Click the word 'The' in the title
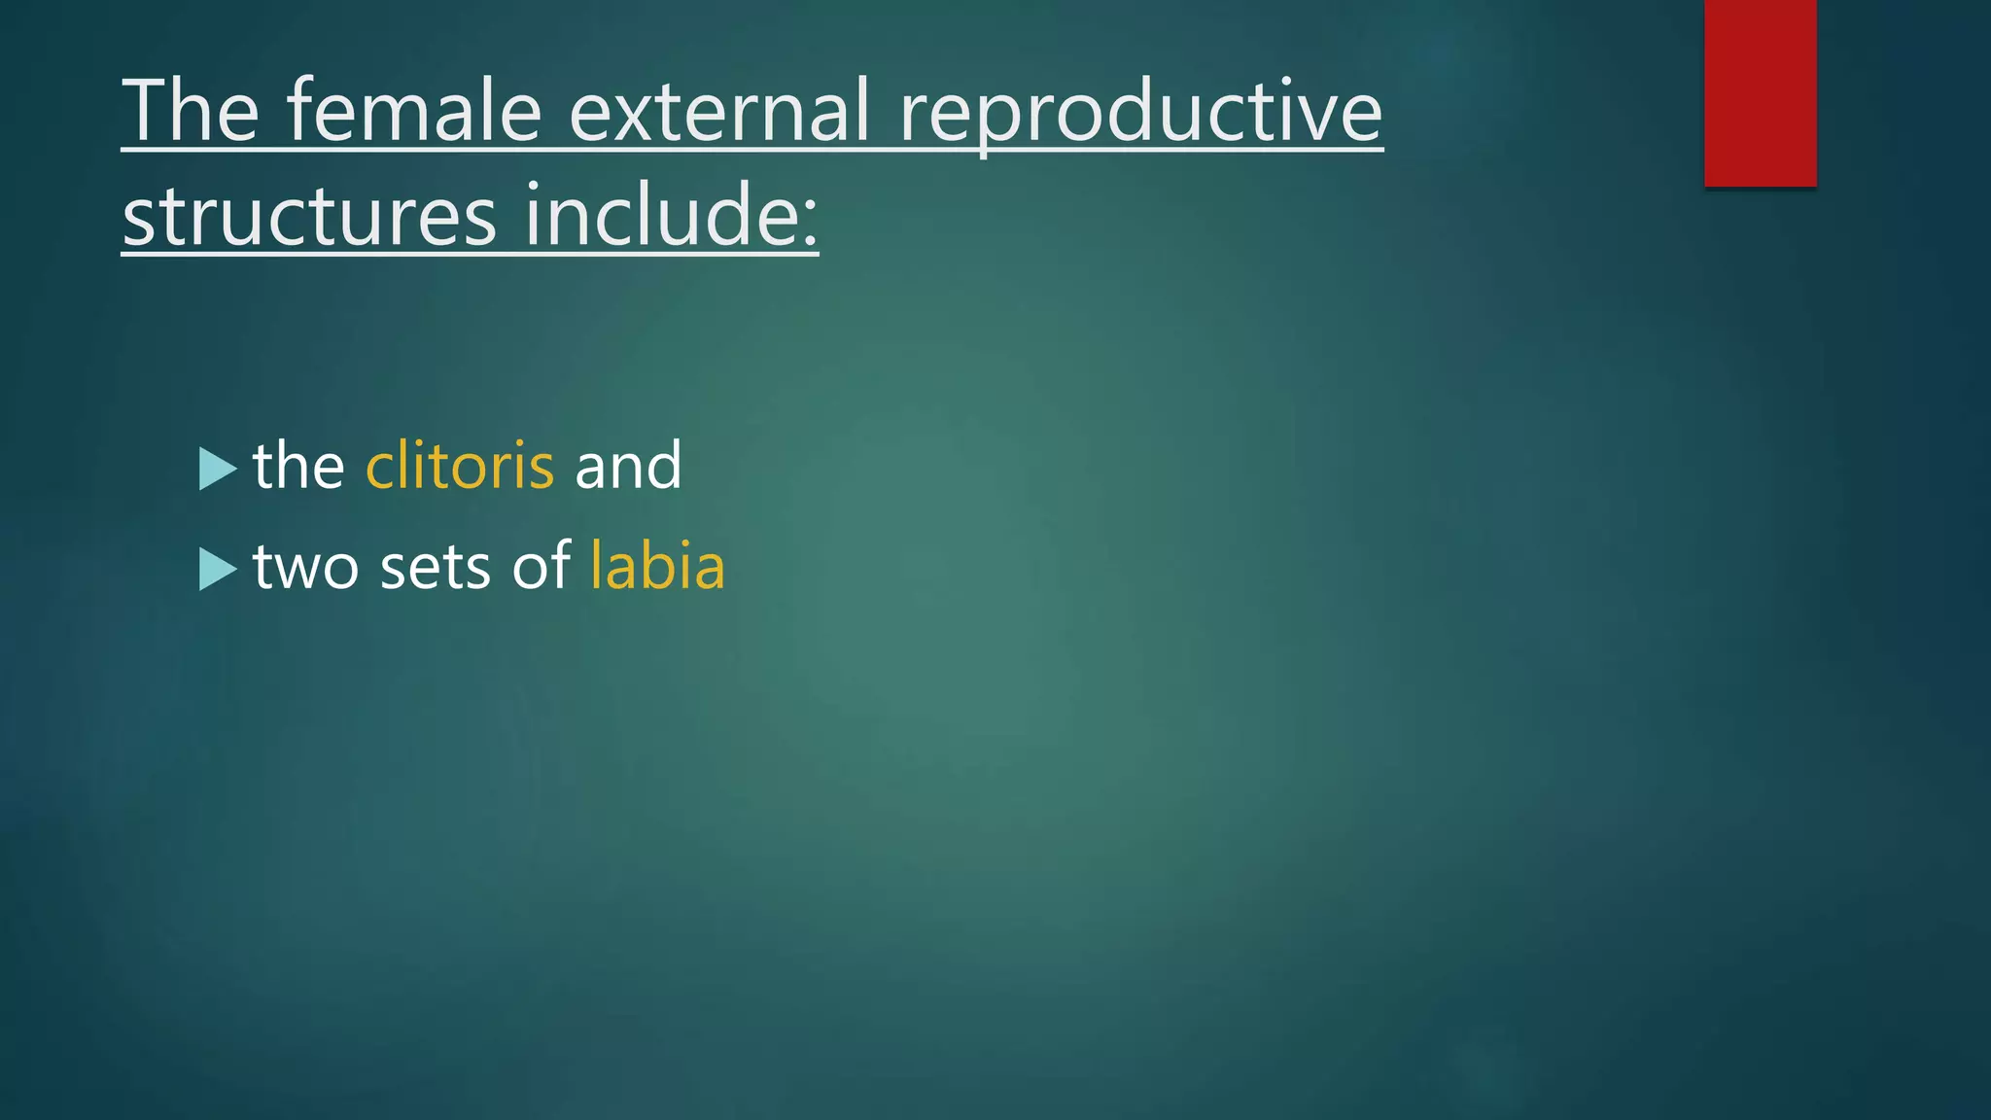[x=191, y=111]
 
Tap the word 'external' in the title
[x=718, y=111]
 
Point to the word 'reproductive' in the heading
[x=1139, y=113]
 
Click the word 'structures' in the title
[x=309, y=216]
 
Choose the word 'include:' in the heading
[x=671, y=216]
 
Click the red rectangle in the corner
[x=1760, y=92]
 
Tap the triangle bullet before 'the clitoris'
[x=216, y=469]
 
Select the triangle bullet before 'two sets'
[x=216, y=569]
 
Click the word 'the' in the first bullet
[x=298, y=466]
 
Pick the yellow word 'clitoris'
[x=460, y=466]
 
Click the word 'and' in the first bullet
[x=628, y=466]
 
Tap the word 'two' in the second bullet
[x=305, y=568]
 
